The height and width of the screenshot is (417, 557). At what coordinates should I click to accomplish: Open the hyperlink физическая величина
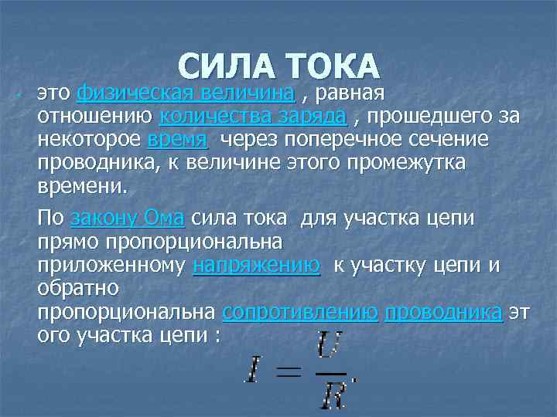point(186,94)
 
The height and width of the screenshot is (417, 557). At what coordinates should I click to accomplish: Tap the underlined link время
point(177,141)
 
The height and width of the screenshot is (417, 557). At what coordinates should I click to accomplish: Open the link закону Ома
point(127,219)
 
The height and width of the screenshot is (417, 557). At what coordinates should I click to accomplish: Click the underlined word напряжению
point(256,266)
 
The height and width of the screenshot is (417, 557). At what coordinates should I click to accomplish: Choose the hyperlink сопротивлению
point(299,313)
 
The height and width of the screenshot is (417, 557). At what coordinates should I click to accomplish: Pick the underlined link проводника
point(443,313)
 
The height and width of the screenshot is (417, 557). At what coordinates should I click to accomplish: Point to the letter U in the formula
point(327,344)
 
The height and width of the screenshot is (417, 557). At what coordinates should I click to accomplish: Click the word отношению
point(94,117)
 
